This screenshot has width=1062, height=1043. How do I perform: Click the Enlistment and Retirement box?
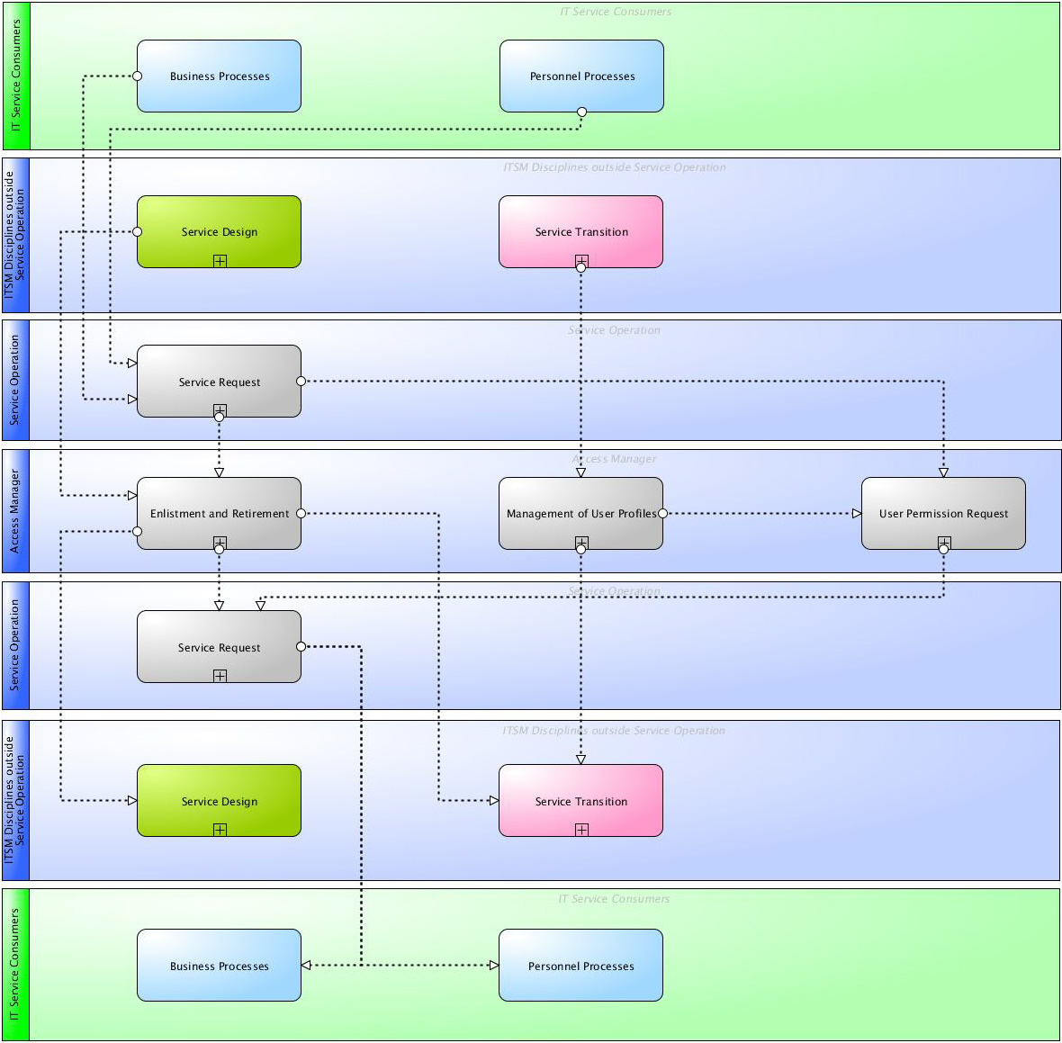pyautogui.click(x=219, y=513)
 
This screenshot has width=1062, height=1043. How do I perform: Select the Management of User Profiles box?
pyautogui.click(x=580, y=513)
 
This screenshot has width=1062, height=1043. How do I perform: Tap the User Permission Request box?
pyautogui.click(x=943, y=513)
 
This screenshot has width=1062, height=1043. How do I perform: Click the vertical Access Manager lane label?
pyautogui.click(x=15, y=511)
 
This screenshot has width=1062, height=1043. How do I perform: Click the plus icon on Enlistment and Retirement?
pyautogui.click(x=220, y=542)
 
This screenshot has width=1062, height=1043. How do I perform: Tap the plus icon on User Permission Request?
pyautogui.click(x=943, y=542)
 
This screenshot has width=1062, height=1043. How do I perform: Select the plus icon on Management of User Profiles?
pyautogui.click(x=581, y=542)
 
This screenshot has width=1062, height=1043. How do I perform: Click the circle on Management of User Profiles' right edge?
pyautogui.click(x=662, y=514)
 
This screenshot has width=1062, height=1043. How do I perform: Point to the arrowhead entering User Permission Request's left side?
pyautogui.click(x=857, y=514)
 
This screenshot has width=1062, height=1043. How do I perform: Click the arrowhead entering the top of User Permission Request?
pyautogui.click(x=943, y=472)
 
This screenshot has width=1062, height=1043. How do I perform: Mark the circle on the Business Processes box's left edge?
pyautogui.click(x=138, y=76)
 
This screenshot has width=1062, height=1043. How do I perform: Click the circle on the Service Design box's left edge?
pyautogui.click(x=138, y=232)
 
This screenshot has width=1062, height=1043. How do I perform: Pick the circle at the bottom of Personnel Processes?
pyautogui.click(x=581, y=112)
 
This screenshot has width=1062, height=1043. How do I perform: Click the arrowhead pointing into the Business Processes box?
pyautogui.click(x=306, y=966)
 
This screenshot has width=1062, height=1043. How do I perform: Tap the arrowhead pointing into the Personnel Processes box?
pyautogui.click(x=494, y=966)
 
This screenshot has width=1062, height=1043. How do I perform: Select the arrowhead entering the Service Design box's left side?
pyautogui.click(x=132, y=800)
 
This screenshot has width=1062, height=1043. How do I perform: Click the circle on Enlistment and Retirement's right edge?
pyautogui.click(x=301, y=514)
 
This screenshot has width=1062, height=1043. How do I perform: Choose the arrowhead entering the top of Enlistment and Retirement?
pyautogui.click(x=219, y=472)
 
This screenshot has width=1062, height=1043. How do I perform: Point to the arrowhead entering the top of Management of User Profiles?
pyautogui.click(x=580, y=472)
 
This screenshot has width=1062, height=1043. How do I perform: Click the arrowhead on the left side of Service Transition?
pyautogui.click(x=494, y=800)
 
